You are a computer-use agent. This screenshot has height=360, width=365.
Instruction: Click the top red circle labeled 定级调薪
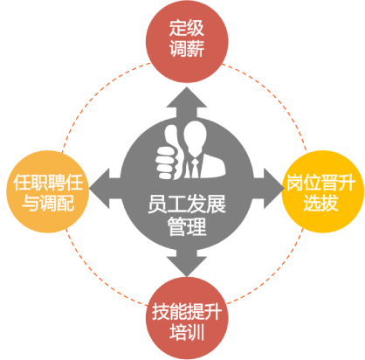[x=187, y=42]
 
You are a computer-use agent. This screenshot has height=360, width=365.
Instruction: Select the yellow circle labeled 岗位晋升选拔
[x=323, y=191]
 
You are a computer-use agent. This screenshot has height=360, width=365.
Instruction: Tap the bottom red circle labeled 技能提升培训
[x=187, y=318]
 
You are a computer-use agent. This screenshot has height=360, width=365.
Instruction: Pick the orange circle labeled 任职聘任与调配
[x=47, y=191]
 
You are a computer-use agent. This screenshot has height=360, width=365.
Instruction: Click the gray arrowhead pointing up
[x=187, y=98]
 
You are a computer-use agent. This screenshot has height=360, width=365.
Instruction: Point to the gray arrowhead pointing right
[x=274, y=189]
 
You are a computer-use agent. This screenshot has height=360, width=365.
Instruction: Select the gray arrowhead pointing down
[x=187, y=267]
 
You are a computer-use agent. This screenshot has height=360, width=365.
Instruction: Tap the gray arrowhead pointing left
[x=100, y=189]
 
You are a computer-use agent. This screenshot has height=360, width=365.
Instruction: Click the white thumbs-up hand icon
[x=169, y=153]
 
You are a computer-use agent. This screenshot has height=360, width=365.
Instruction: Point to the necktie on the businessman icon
[x=195, y=169]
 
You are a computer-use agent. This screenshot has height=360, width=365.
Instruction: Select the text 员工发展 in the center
[x=187, y=204]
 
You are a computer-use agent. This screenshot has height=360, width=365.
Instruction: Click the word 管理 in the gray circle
[x=187, y=226]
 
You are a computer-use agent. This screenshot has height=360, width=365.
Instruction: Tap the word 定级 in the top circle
[x=187, y=28]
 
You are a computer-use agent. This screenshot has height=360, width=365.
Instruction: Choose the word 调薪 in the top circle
[x=187, y=48]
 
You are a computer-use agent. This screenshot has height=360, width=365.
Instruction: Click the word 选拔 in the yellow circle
[x=321, y=203]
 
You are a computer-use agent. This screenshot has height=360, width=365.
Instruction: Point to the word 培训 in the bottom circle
[x=187, y=332]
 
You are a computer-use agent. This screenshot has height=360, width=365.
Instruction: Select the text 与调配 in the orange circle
[x=48, y=203]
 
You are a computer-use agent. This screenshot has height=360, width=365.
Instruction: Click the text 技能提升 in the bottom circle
[x=187, y=312]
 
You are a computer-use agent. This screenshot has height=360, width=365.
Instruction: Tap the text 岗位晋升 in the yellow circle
[x=321, y=183]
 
